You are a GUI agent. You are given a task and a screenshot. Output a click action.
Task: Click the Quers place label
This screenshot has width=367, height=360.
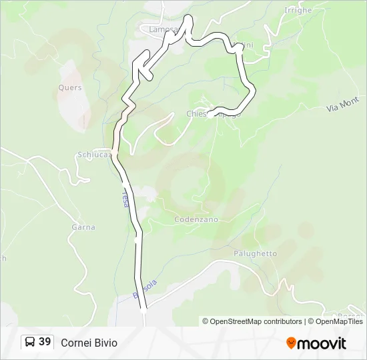tap(69, 87)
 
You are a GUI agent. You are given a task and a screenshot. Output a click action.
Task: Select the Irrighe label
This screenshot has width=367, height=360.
tap(298, 11)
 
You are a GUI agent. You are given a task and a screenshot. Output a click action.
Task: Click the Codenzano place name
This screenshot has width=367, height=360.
tap(196, 219)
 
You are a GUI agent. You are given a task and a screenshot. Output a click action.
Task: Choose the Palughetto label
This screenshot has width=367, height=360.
tap(255, 253)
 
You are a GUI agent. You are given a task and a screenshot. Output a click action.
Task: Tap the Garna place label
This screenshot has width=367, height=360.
tap(83, 227)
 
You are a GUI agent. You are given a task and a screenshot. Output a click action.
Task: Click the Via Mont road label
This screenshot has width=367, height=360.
tap(343, 105)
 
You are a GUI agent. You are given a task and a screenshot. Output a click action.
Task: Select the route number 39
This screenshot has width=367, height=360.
tap(45, 342)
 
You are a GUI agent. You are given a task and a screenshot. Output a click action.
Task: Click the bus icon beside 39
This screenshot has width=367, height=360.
tap(30, 342)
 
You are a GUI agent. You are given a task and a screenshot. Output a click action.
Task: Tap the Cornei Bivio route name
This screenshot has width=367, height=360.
tap(89, 343)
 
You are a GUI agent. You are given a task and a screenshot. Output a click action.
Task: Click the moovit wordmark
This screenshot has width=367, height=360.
tap(322, 343)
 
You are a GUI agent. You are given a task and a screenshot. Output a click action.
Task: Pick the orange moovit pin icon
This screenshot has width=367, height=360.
tap(291, 343)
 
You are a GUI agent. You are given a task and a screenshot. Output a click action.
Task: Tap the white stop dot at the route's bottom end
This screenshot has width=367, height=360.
tap(143, 310)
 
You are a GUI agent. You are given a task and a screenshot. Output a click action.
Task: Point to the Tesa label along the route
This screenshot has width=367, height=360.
tap(125, 198)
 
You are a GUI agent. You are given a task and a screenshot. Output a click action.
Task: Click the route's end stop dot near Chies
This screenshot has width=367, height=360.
tap(210, 115)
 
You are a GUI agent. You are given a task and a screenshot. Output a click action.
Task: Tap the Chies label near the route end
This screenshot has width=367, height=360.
tap(198, 114)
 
